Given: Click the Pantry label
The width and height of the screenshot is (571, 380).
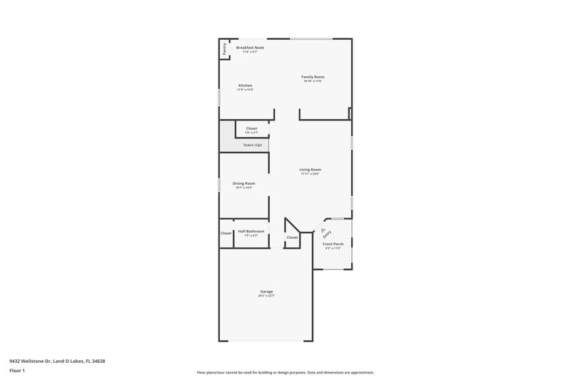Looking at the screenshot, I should tap(225, 49).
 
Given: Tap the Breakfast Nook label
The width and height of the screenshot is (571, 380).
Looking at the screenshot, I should tap(250, 47).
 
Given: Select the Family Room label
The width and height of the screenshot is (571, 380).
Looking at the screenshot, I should tap(313, 76).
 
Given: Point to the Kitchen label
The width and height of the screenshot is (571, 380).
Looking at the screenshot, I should tap(245, 86).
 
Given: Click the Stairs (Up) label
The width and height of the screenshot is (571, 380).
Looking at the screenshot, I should tap(253, 145).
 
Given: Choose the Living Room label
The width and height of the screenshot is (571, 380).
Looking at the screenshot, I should tap(310, 169).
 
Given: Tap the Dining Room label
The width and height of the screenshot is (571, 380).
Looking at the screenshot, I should tap(243, 183).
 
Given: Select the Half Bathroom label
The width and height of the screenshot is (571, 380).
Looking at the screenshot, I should tap(251, 231).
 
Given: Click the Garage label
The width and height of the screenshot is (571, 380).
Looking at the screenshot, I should tap(266, 291).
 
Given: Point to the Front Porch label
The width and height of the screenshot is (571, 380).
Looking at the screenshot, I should tap(333, 244).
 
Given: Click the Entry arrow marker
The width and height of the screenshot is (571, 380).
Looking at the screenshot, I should tap(322, 230).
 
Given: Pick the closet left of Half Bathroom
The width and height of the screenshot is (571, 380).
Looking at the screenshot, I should tap(226, 233).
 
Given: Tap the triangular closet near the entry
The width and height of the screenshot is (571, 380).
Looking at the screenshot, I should tap(292, 237).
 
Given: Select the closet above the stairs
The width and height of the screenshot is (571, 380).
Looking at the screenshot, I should tap(251, 128).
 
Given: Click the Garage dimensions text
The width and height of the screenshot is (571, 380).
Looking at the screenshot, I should tap(266, 295).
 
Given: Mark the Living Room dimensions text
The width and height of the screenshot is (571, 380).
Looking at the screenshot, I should tap(310, 173).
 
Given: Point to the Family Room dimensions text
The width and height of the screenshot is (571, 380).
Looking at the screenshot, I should tap(313, 81).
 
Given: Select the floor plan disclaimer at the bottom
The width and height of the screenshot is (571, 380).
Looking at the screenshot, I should tap(285, 372).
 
